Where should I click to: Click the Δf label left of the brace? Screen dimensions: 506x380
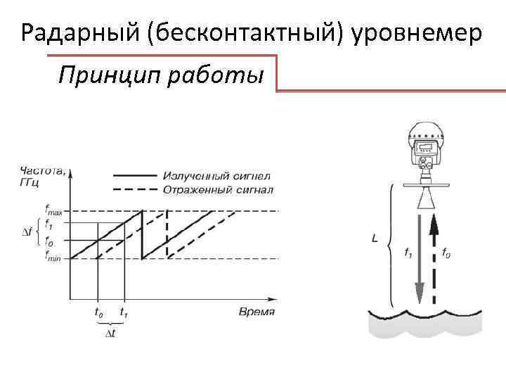pyautogui.click(x=27, y=233)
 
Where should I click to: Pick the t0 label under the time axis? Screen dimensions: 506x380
pyautogui.click(x=99, y=310)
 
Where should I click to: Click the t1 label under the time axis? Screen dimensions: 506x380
pyautogui.click(x=124, y=310)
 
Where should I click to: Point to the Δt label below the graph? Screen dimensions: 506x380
pyautogui.click(x=110, y=332)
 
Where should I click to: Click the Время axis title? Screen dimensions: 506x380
pyautogui.click(x=257, y=311)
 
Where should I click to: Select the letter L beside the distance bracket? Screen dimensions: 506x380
pyautogui.click(x=375, y=239)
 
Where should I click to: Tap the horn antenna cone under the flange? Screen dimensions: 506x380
pyautogui.click(x=427, y=199)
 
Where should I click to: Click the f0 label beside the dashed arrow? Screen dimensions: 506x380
pyautogui.click(x=446, y=251)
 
